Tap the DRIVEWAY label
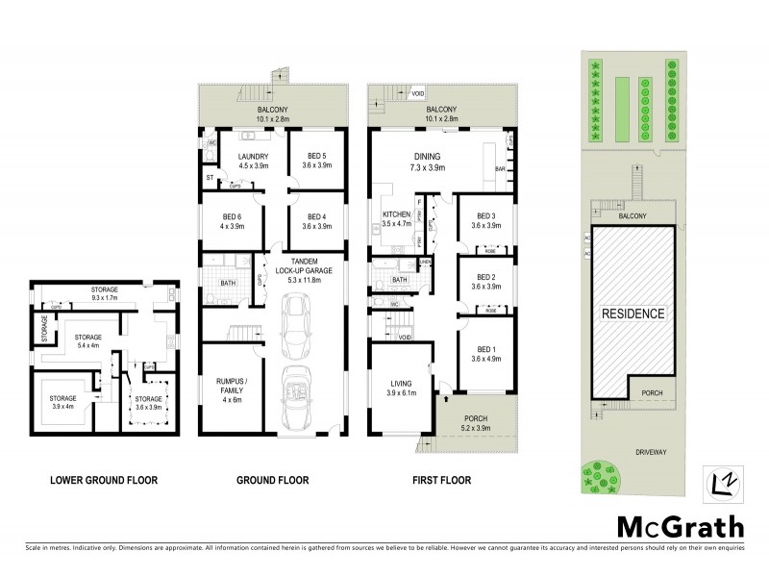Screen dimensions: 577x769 (673, 449)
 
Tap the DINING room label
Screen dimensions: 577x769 (426, 160)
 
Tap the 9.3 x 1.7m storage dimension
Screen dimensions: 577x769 (105, 299)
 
